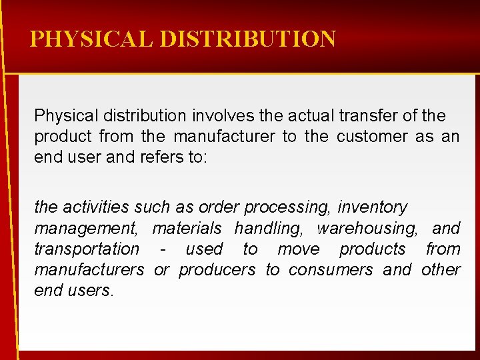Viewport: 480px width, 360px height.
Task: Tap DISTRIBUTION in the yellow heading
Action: [x=247, y=39]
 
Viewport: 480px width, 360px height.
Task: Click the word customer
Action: [x=372, y=137]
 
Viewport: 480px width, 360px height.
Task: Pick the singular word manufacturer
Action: [x=224, y=137]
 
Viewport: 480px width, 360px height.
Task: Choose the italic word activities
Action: [x=91, y=207]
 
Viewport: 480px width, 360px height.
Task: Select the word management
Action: [x=86, y=229]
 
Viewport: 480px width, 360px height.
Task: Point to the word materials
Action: [x=187, y=229]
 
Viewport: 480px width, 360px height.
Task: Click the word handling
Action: [x=269, y=229]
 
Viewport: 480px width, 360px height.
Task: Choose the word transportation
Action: [x=87, y=249]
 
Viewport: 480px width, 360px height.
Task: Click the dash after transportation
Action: [x=163, y=250]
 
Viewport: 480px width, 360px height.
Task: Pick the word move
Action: [x=298, y=249]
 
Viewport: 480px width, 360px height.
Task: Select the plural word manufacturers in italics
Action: [x=89, y=270]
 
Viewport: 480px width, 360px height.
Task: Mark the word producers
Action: [x=217, y=270]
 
